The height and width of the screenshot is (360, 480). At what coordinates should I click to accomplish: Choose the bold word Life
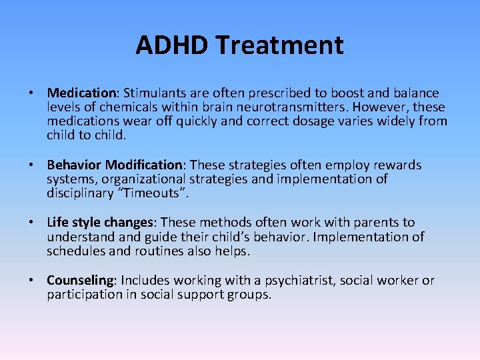pos(57,223)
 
